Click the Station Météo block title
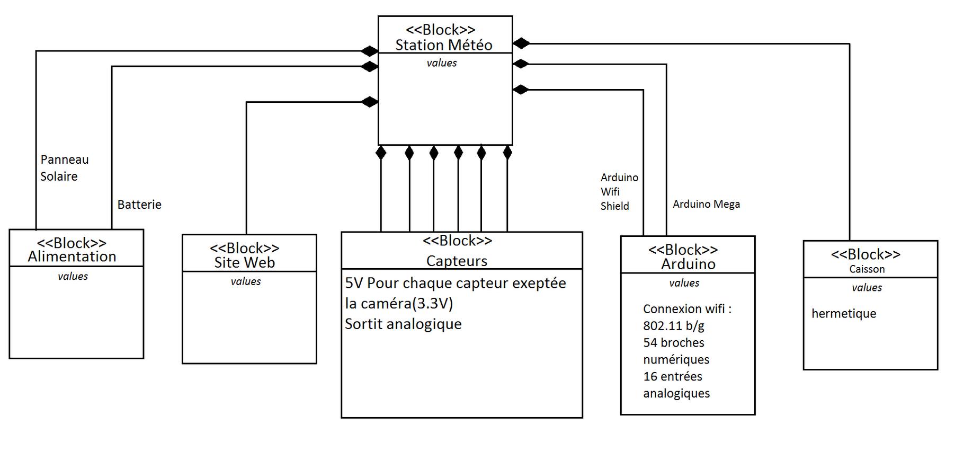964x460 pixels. (x=444, y=45)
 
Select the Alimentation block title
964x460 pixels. (x=72, y=256)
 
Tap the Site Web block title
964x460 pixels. (x=245, y=262)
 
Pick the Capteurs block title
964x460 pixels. (x=457, y=261)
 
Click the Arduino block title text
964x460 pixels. (x=688, y=264)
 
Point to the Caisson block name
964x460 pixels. (x=867, y=269)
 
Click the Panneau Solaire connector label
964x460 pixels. (x=64, y=168)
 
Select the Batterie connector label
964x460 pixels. (x=139, y=205)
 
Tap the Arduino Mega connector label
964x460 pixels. (x=706, y=204)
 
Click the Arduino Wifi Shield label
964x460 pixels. (x=619, y=192)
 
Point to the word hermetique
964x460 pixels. (x=844, y=314)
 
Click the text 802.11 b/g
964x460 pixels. (x=674, y=326)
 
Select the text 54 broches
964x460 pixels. (x=674, y=343)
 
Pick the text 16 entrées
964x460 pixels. (x=673, y=377)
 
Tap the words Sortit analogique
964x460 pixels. (x=403, y=324)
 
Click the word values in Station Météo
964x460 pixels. (x=442, y=63)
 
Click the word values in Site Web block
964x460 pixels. (x=246, y=281)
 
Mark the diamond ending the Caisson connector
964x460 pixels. (x=521, y=43)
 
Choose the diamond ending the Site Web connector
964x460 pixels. (x=369, y=102)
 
